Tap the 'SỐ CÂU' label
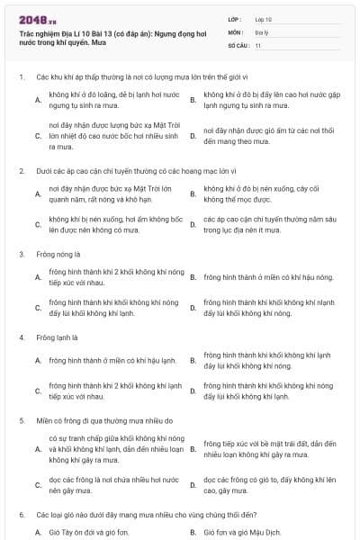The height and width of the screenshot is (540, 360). point(238,44)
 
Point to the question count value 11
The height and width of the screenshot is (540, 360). point(258,44)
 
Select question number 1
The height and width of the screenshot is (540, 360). point(21,77)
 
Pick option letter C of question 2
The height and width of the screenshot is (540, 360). point(38,225)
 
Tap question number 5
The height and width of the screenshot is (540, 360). point(21,420)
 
